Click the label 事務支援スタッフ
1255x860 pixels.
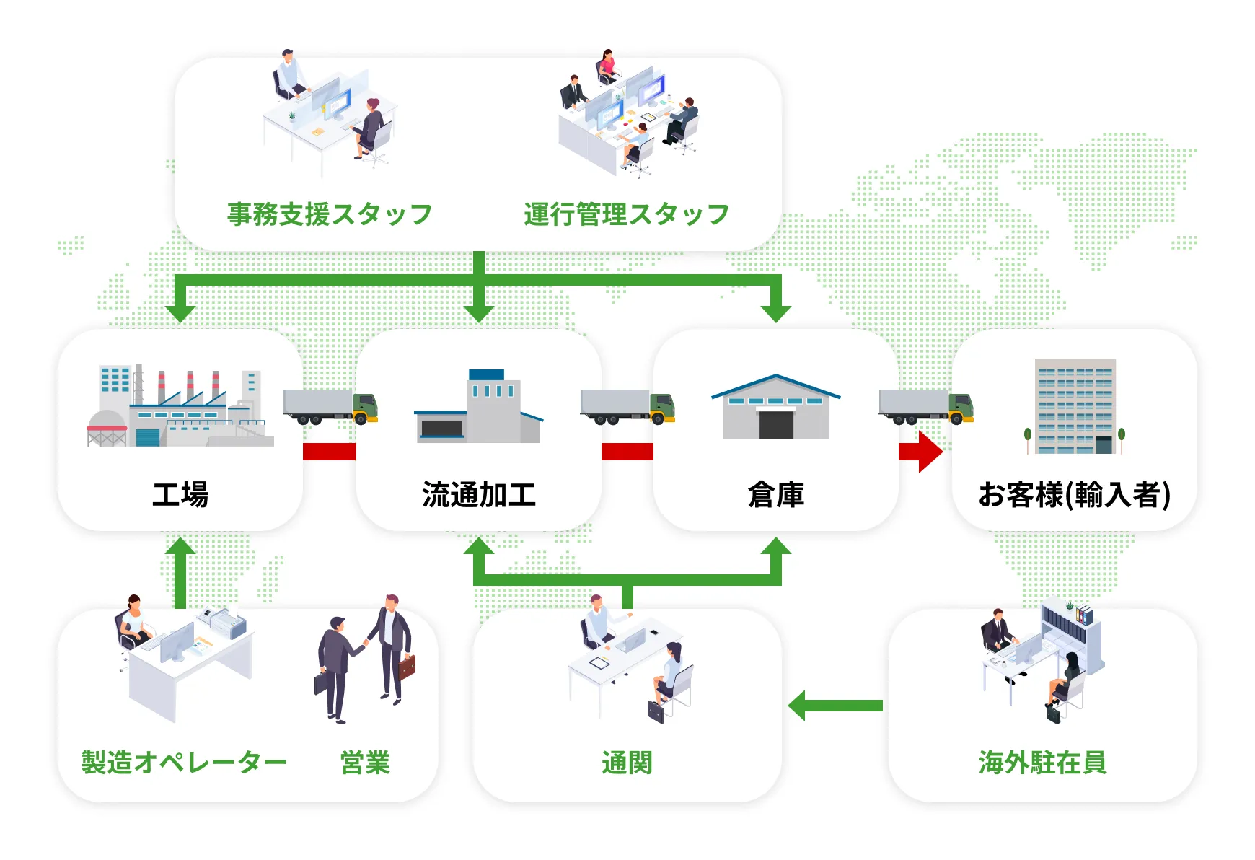[330, 214]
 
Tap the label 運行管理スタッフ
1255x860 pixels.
[626, 214]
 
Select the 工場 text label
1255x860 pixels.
[180, 495]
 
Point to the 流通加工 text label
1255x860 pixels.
[479, 495]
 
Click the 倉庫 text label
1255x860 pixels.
[776, 495]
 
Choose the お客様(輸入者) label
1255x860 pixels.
[1074, 495]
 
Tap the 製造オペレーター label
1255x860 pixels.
[184, 762]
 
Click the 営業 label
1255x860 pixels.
[365, 762]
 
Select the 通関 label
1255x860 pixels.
[627, 762]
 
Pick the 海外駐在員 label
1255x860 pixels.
[1042, 762]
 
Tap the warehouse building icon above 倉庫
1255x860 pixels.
[776, 407]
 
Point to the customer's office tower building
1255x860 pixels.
[1075, 407]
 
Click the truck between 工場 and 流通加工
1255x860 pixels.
[330, 406]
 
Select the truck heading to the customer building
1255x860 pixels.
[926, 406]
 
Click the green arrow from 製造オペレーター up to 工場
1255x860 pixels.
[180, 570]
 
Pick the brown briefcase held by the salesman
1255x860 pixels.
[408, 667]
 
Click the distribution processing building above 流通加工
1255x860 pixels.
[478, 407]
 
